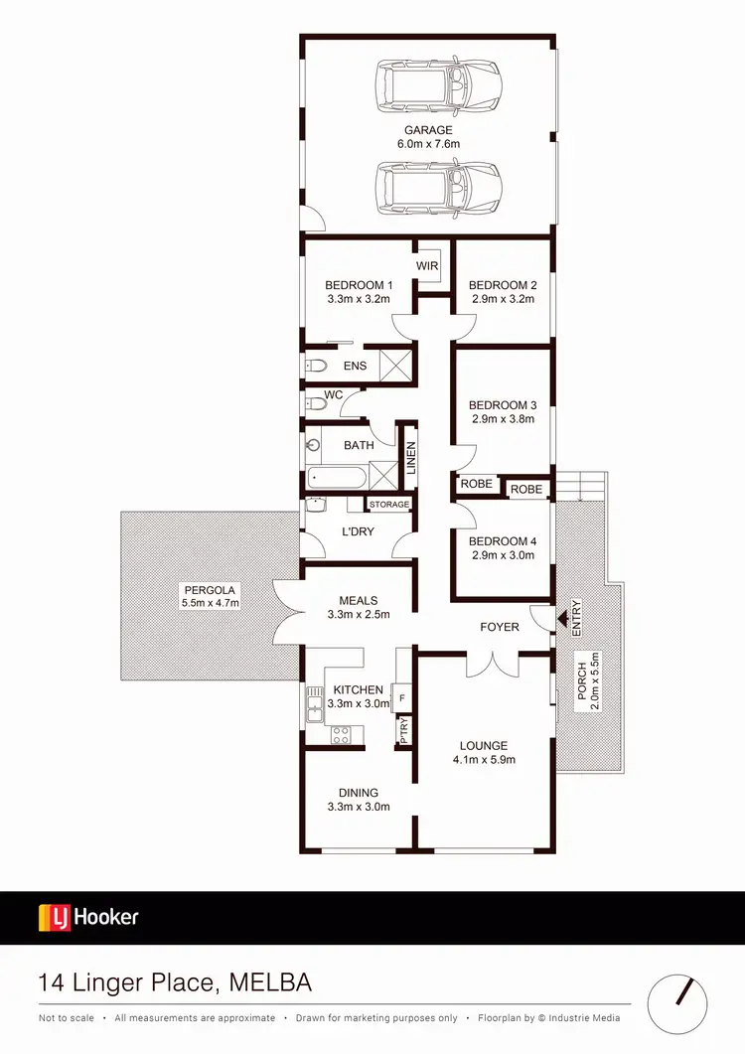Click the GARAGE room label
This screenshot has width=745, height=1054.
(x=428, y=130)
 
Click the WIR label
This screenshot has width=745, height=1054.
(x=427, y=266)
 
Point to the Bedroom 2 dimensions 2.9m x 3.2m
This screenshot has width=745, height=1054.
(x=502, y=299)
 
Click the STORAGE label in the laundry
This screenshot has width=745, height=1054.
(x=389, y=505)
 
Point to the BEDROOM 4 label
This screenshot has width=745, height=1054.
(x=502, y=541)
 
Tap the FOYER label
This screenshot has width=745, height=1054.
(x=500, y=627)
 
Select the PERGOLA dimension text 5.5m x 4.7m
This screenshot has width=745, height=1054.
(x=212, y=603)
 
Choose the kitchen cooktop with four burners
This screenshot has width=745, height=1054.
(x=341, y=735)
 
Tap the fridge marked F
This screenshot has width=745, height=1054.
(x=401, y=698)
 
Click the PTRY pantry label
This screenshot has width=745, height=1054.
(x=404, y=733)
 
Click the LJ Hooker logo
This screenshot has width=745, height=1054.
(x=88, y=917)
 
